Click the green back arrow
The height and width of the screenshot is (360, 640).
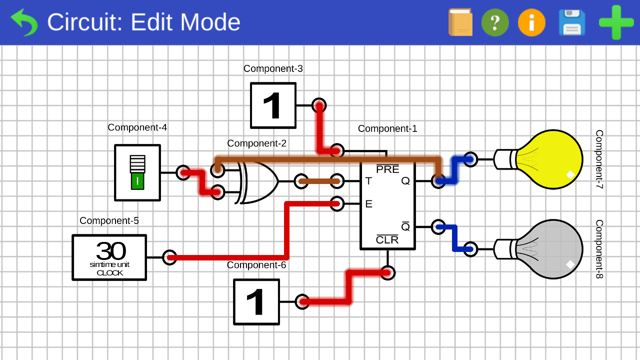(24, 22)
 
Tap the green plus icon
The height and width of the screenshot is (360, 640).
(616, 22)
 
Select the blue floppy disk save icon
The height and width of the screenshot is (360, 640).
(572, 22)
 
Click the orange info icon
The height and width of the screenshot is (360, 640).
(531, 22)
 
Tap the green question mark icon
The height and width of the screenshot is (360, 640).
(495, 22)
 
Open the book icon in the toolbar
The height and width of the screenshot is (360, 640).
(460, 22)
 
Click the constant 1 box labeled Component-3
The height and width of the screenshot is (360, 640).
(273, 105)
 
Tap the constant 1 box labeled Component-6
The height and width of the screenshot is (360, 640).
(256, 302)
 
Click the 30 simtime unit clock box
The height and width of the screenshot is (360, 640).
(109, 257)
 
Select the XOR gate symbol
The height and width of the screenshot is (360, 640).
(258, 181)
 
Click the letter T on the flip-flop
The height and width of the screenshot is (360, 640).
(368, 181)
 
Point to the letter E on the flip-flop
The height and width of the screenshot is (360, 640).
(368, 204)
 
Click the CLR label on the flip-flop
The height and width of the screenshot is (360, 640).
(387, 240)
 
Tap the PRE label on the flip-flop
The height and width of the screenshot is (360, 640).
(387, 169)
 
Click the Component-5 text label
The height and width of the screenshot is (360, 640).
(109, 220)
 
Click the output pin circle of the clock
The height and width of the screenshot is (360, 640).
(169, 257)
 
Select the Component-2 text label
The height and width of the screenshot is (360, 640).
(256, 143)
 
